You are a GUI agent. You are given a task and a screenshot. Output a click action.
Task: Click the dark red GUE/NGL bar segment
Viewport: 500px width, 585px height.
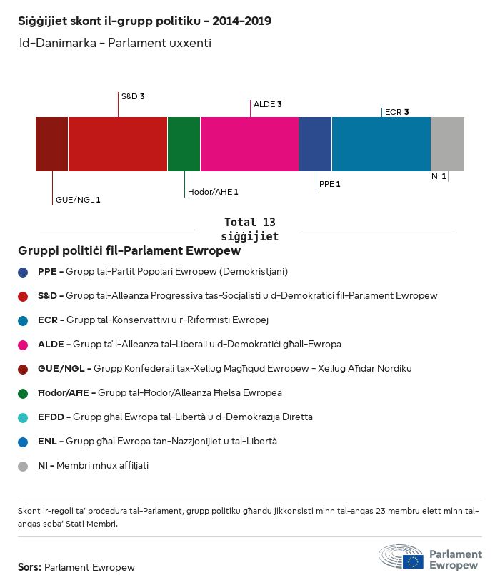[51, 144]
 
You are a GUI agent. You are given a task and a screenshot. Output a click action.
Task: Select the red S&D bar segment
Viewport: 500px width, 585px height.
[118, 144]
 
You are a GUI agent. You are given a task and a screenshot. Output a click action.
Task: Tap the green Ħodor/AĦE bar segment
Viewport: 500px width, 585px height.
[184, 144]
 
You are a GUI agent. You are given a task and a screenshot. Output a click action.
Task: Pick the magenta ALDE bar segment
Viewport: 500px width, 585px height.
[249, 144]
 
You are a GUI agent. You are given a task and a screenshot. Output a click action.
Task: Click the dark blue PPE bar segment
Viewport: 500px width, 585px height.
[315, 144]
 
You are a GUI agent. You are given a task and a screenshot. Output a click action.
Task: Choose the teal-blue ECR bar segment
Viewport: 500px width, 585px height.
[381, 144]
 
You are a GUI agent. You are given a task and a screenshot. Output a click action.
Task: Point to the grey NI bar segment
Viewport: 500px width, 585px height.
[447, 144]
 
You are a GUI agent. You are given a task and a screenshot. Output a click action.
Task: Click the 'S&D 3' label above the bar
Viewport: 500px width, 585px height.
[133, 96]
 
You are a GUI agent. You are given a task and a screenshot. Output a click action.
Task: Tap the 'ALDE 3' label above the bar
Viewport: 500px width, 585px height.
[268, 104]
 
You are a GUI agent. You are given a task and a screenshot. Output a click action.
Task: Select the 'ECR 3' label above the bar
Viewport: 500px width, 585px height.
[396, 112]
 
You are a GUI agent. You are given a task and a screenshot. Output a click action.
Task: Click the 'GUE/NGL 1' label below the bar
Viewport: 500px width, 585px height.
[78, 200]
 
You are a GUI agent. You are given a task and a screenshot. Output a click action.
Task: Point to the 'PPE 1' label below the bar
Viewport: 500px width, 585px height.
[329, 184]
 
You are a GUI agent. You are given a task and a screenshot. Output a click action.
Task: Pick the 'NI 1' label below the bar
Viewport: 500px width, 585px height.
[439, 176]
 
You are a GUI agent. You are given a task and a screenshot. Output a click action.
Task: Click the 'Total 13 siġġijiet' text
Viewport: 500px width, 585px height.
[250, 229]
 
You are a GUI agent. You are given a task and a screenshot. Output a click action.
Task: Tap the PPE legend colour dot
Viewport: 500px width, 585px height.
[24, 272]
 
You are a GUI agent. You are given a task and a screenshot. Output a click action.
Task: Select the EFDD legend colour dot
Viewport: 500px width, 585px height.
[24, 417]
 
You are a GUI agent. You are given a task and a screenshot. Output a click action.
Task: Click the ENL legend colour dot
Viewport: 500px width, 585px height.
[24, 442]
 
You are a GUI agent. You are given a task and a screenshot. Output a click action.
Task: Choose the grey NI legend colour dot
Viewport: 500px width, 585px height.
[24, 466]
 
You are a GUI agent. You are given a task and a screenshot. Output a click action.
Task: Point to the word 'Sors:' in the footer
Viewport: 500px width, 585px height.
[29, 568]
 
